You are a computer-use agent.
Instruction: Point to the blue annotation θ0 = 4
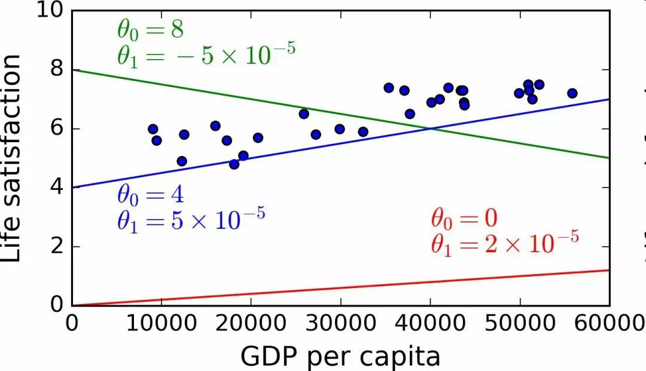pos(150,196)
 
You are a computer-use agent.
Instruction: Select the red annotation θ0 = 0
pos(464,219)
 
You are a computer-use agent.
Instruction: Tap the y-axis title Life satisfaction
pos(13,158)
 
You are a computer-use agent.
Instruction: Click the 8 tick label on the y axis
pos(57,70)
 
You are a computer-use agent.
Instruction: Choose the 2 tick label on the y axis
pos(57,247)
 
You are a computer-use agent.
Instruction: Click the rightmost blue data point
pos(572,93)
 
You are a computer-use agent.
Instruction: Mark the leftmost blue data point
pos(153,129)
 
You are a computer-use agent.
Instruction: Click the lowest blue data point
pos(234,164)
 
